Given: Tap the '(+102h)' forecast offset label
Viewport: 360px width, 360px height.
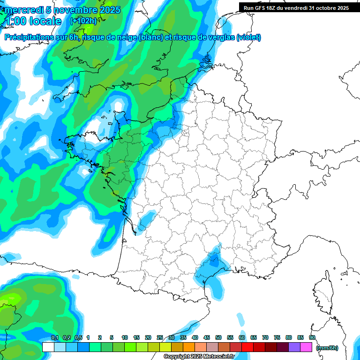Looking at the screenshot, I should pos(83,21).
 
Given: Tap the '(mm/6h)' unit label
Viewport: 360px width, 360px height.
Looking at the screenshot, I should pos(327,348).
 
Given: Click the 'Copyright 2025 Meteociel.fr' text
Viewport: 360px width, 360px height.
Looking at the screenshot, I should pos(199,357).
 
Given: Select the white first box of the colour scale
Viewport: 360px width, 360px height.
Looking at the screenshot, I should pos(48,347).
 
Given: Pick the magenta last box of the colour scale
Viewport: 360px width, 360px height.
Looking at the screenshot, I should pos(307,347).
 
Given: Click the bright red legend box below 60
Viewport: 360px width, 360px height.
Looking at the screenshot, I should pos(247,347).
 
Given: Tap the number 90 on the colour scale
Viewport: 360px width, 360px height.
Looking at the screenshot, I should pos(312,338).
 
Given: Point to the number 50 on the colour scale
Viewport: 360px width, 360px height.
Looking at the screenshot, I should pos(218,338).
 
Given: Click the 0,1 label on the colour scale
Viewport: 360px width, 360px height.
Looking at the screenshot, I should pos(54,338).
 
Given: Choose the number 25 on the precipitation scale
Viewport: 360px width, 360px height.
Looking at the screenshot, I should pos(160,338).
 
